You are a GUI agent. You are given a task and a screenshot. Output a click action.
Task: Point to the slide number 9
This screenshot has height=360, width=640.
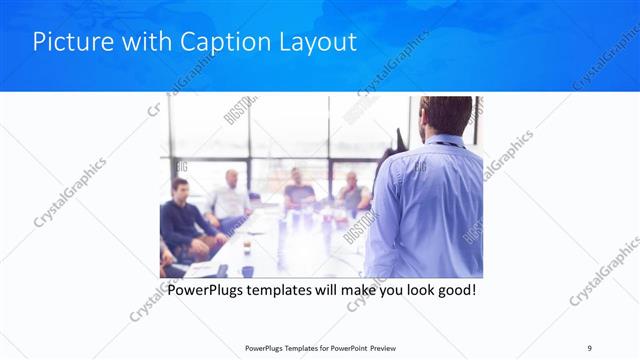pyautogui.click(x=590, y=347)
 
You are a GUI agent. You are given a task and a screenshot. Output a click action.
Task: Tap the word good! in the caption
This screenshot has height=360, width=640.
pyautogui.click(x=453, y=291)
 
